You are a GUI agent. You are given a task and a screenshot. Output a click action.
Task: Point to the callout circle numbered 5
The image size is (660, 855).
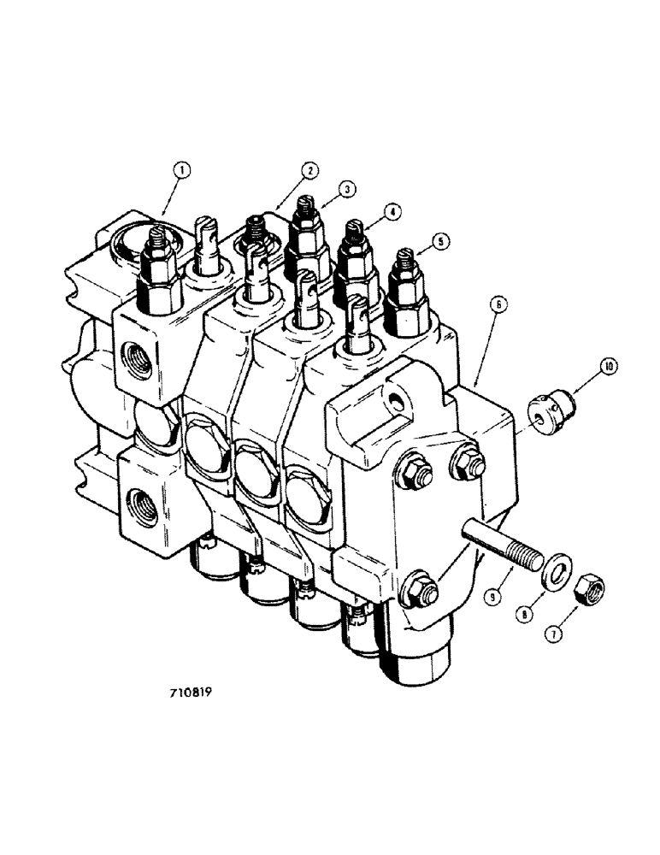pos(439,243)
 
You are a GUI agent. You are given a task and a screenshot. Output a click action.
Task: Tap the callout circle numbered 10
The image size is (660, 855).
pos(608,367)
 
